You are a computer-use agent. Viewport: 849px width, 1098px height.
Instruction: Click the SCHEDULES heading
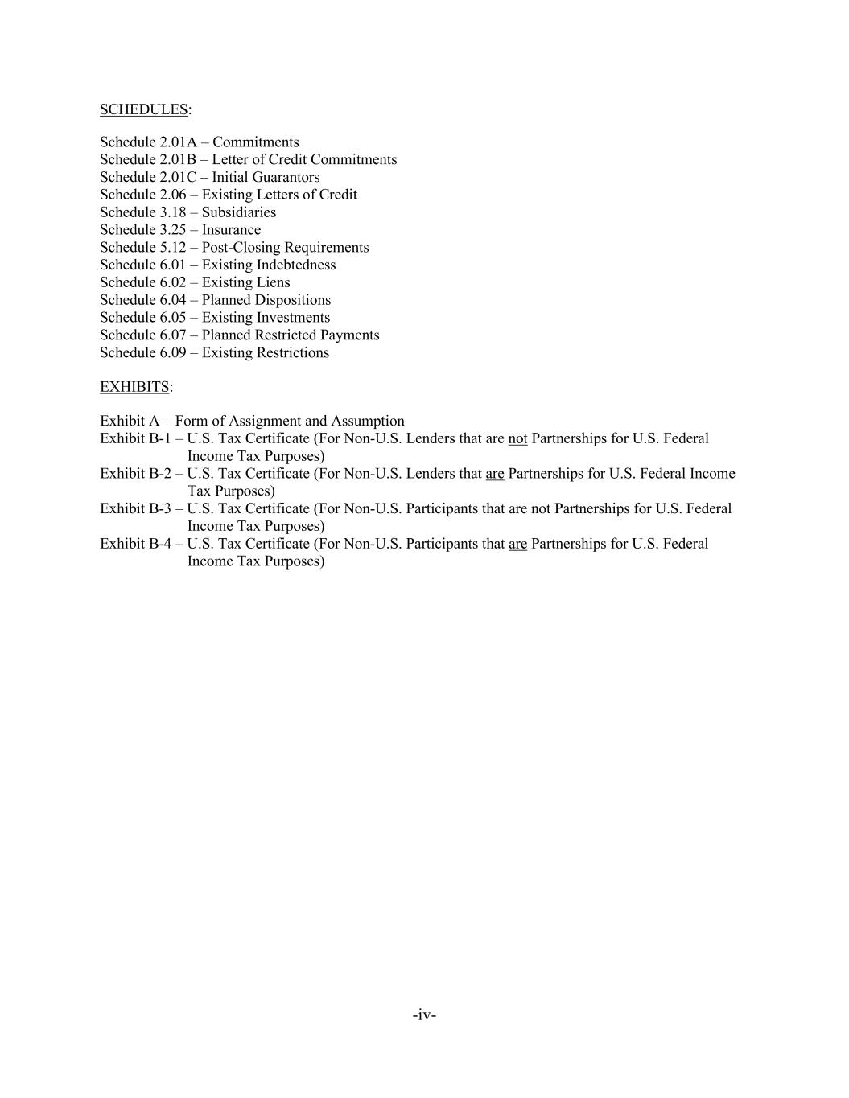(143, 109)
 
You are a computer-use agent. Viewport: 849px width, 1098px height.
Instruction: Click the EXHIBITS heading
(134, 387)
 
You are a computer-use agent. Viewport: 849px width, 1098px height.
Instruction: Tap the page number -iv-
(424, 1014)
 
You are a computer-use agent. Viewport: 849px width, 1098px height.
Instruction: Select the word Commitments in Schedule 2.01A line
(255, 142)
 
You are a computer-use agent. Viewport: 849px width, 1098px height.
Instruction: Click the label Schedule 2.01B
(148, 159)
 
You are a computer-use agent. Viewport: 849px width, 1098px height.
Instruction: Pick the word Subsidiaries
(238, 212)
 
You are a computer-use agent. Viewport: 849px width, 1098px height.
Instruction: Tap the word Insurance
(231, 230)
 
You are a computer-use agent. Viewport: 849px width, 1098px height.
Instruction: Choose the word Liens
(271, 282)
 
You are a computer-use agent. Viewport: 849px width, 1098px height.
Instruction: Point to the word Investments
(291, 318)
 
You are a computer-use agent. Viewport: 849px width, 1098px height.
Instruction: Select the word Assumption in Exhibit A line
(368, 421)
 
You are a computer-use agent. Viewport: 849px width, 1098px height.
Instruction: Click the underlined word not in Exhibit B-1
(517, 438)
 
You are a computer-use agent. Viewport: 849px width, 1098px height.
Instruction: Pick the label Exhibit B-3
(135, 508)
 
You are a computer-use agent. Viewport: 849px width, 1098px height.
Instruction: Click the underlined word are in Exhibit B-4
(517, 544)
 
